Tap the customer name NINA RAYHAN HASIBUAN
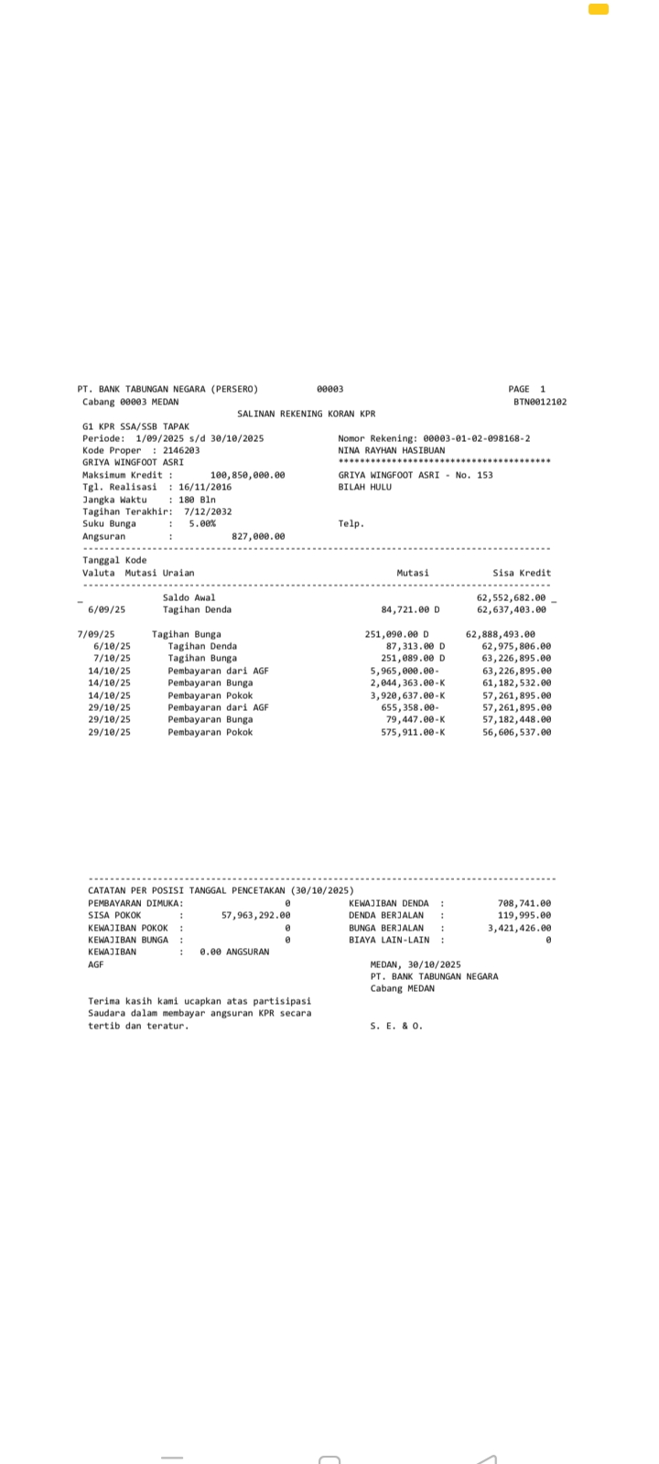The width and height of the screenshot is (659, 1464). [391, 450]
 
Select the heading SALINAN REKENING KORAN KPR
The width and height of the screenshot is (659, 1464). [306, 414]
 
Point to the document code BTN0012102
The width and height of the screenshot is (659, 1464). [540, 402]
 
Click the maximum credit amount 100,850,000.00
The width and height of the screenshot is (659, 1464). [247, 475]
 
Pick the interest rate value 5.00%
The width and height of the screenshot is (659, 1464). [202, 523]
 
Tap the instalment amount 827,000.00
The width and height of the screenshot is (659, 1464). [258, 536]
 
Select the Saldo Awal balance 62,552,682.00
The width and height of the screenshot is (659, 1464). [511, 597]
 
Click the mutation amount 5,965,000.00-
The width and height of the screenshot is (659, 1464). [405, 671]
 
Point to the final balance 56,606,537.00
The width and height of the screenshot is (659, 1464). [516, 732]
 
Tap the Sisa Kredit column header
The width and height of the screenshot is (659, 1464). [522, 573]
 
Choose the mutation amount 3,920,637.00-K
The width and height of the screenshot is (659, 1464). [407, 695]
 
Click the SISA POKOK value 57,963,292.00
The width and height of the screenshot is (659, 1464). [256, 915]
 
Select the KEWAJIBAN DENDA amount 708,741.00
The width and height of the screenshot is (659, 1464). [524, 903]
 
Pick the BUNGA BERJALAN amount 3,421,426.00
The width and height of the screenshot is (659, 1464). [519, 928]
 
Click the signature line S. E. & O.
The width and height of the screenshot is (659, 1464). [396, 1026]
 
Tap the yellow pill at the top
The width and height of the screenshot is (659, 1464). [599, 9]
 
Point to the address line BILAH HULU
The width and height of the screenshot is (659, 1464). [364, 487]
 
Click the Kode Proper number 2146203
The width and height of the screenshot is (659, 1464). [181, 450]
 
